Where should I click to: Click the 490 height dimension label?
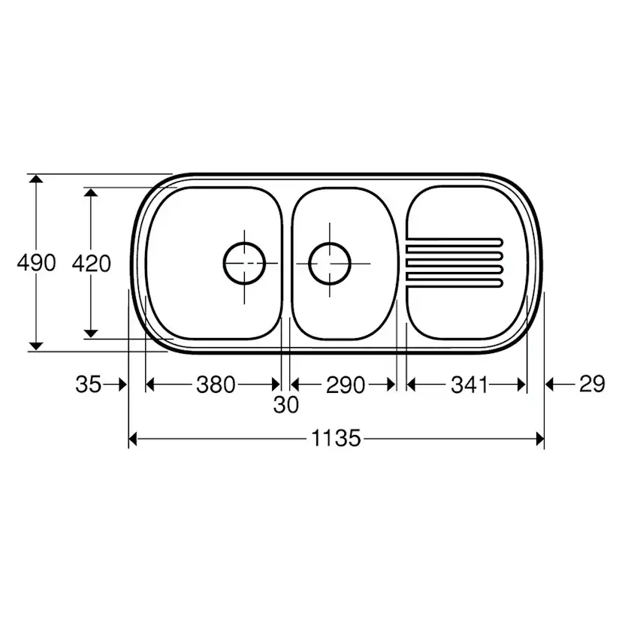click(x=36, y=263)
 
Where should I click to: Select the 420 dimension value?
click(x=91, y=264)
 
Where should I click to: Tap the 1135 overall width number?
click(x=336, y=439)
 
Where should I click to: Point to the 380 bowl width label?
click(x=216, y=385)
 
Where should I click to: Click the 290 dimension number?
click(x=346, y=385)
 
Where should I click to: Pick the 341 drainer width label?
click(x=470, y=385)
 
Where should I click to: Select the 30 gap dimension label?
click(x=285, y=405)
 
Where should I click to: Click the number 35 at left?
click(x=89, y=385)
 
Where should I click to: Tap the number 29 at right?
click(x=592, y=384)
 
